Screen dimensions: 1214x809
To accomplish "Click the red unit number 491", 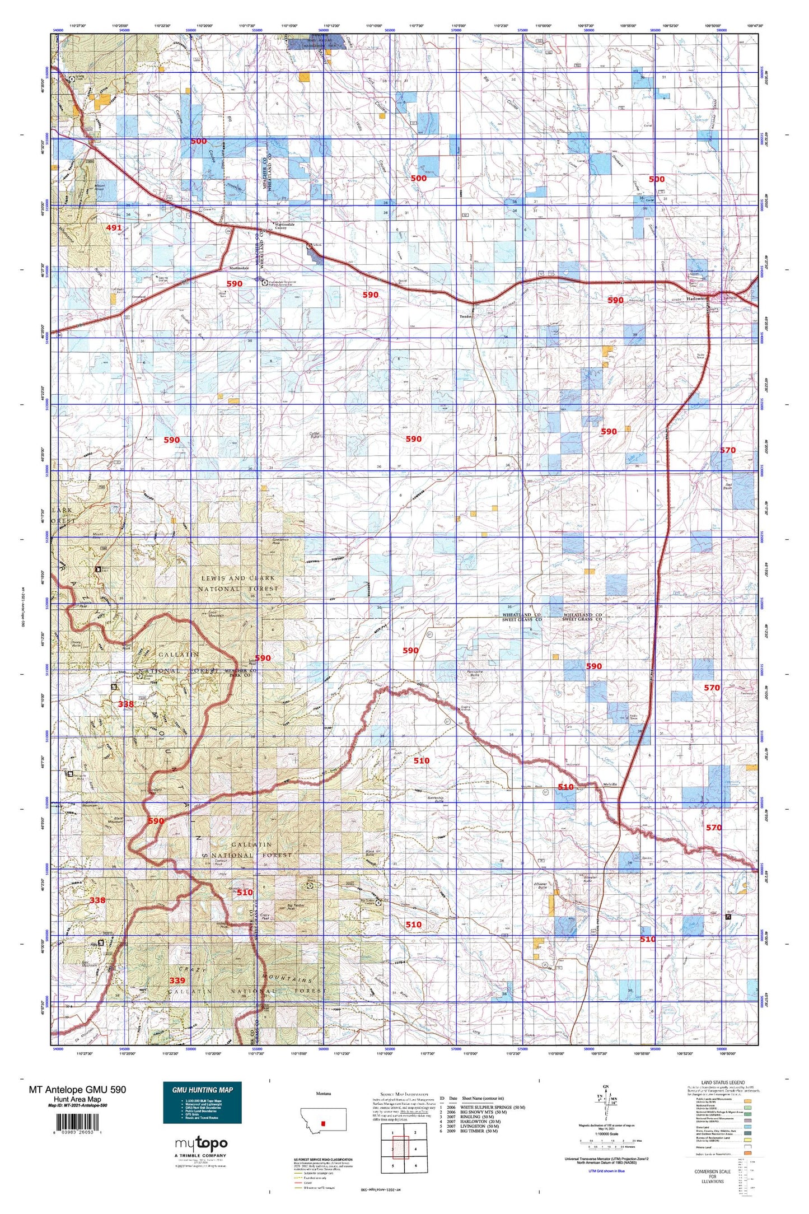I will (x=114, y=227).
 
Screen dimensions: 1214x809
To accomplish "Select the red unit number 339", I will (x=177, y=980).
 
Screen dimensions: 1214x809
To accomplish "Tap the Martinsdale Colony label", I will (x=288, y=226).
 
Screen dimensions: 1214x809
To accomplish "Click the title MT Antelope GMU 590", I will (x=77, y=1090).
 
